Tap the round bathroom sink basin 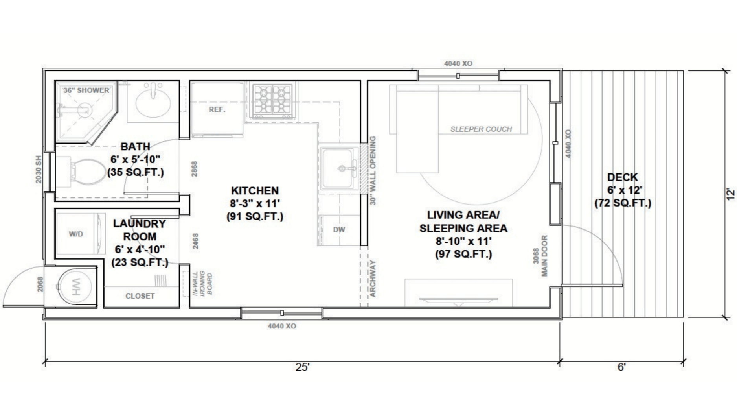tap(153, 102)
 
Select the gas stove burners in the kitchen tap(272, 101)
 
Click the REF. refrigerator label tap(217, 109)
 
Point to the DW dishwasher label tap(339, 229)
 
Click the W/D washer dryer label tap(76, 234)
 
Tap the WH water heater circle tap(75, 286)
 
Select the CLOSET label tap(140, 296)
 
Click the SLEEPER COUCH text tap(481, 129)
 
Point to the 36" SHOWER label tap(86, 90)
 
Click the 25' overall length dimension tap(303, 367)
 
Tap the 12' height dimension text tap(730, 194)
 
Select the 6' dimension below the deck tap(621, 367)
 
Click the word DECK tap(623, 177)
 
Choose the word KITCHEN tap(255, 191)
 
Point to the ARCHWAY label tap(373, 278)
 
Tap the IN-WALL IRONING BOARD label tap(203, 283)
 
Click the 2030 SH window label tap(39, 169)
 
